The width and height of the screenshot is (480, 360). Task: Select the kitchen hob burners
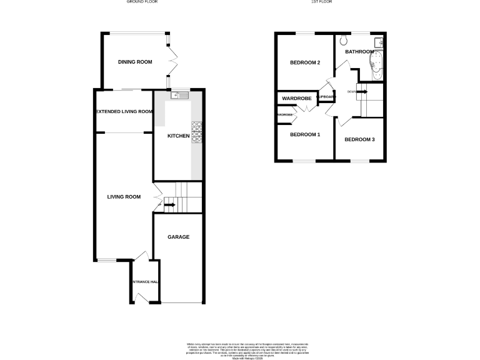196,133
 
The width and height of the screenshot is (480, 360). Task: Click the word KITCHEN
179,136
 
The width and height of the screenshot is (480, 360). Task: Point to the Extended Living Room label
124,112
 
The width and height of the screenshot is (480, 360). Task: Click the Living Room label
122,197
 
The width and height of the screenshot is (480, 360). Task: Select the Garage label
178,237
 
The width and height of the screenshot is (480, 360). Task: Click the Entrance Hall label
144,282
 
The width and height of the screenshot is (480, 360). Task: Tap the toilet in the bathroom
344,42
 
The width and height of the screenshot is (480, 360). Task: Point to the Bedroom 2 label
305,62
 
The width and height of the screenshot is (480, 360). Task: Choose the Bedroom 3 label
359,139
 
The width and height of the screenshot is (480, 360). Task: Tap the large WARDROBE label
297,99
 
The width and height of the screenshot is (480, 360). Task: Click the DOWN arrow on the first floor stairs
361,92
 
